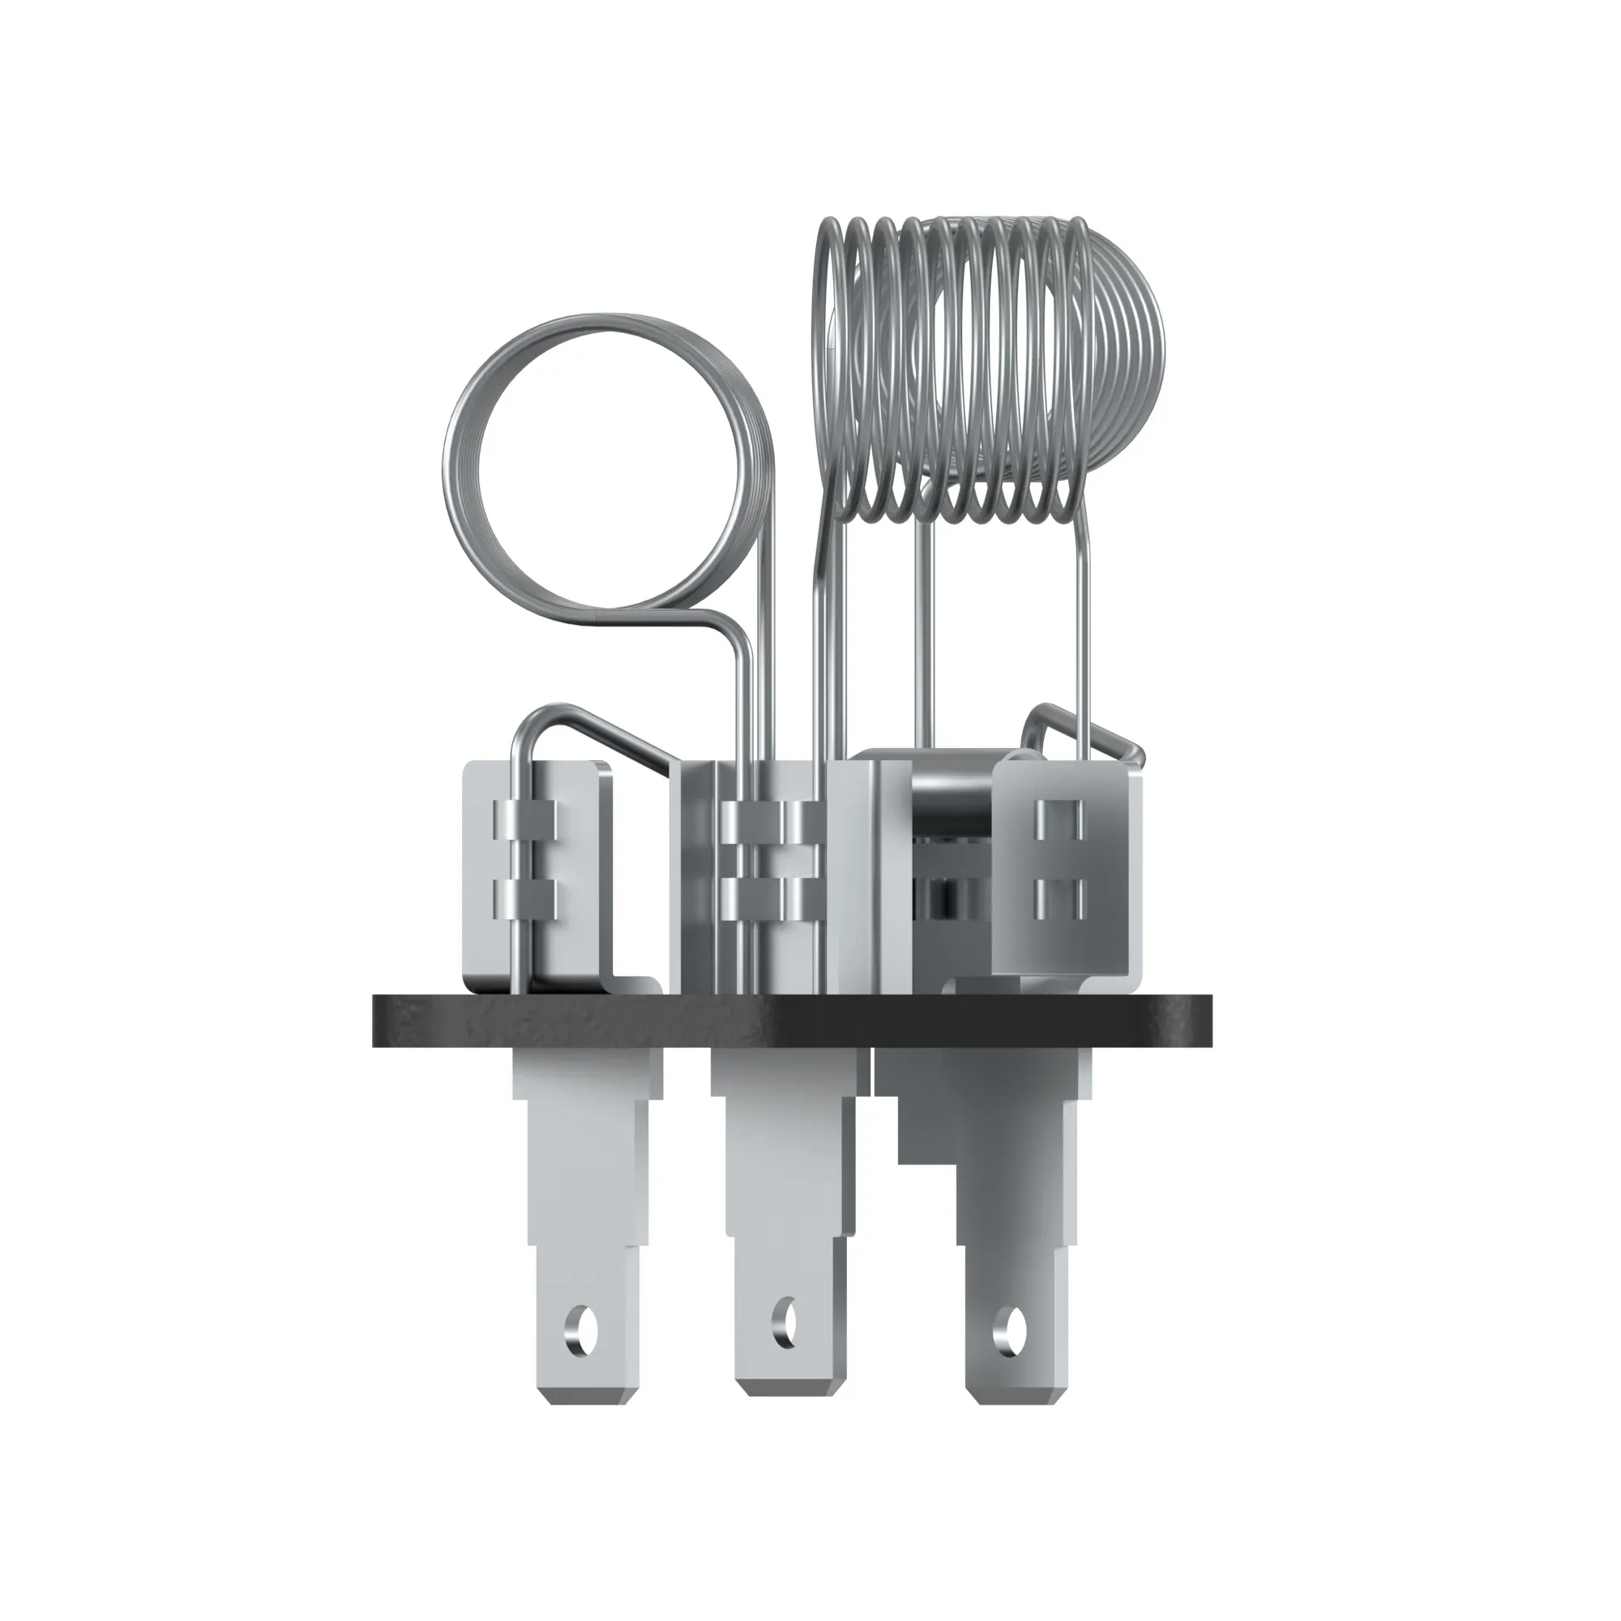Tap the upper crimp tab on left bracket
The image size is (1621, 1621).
(x=525, y=819)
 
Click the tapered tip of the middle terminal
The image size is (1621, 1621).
(x=786, y=1409)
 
